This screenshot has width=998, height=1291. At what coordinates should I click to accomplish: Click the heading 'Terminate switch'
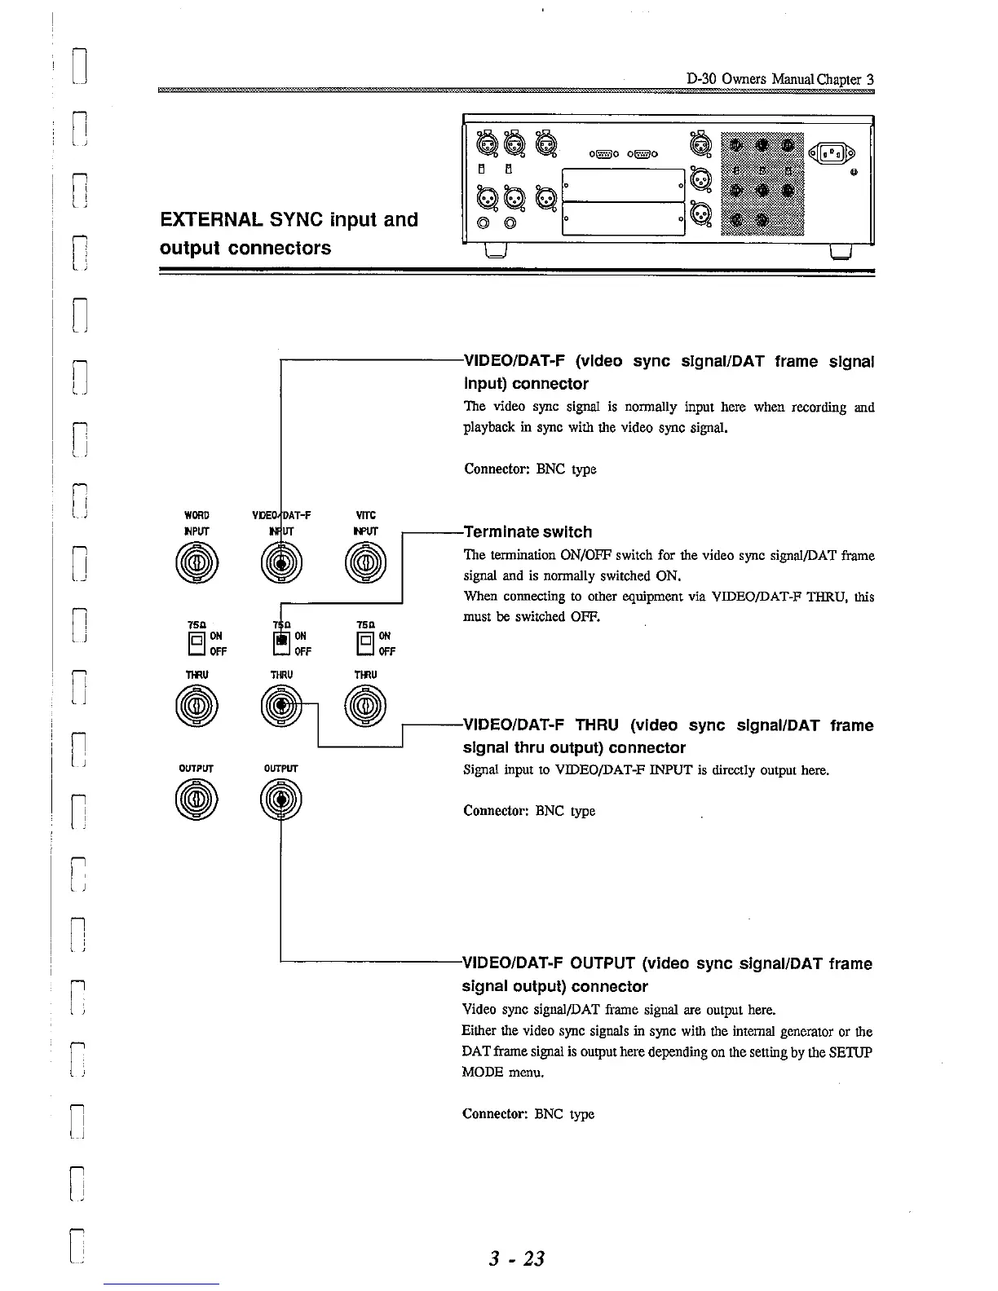[528, 532]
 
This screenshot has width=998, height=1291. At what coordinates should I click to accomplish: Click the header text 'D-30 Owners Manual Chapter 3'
[779, 80]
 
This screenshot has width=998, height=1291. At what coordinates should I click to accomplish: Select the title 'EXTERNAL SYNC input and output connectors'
[289, 233]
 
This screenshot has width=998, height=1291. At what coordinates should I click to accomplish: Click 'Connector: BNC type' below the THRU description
[529, 811]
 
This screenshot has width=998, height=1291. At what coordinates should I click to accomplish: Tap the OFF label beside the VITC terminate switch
[387, 651]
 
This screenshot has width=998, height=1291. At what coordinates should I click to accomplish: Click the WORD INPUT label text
[197, 522]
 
